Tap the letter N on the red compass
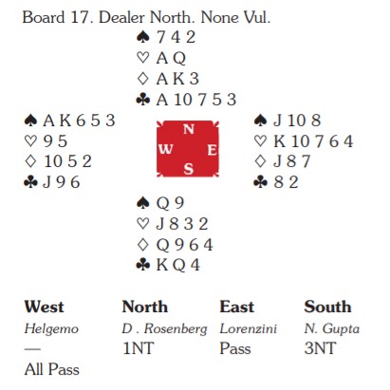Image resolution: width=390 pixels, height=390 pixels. pyautogui.click(x=189, y=129)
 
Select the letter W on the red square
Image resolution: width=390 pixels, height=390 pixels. pyautogui.click(x=166, y=149)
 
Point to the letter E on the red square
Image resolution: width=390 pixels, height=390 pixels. pyautogui.click(x=212, y=150)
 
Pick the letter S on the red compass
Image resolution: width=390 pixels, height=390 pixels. pyautogui.click(x=188, y=169)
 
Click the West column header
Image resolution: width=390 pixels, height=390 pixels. pyautogui.click(x=44, y=306)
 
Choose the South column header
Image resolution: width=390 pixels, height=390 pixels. pyautogui.click(x=327, y=306)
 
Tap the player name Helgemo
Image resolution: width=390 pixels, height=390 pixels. pyautogui.click(x=51, y=329)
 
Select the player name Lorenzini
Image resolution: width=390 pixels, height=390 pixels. pyautogui.click(x=249, y=328)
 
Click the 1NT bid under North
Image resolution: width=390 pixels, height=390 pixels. pyautogui.click(x=139, y=348)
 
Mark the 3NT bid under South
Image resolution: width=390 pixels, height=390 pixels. pyautogui.click(x=320, y=348)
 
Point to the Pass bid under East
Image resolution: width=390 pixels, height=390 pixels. pyautogui.click(x=235, y=348)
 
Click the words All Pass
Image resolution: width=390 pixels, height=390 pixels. pyautogui.click(x=52, y=369)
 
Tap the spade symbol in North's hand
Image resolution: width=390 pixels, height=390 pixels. pyautogui.click(x=143, y=37)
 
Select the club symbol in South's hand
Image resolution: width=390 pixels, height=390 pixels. pyautogui.click(x=143, y=265)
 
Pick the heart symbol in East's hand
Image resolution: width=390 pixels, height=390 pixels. pyautogui.click(x=260, y=140)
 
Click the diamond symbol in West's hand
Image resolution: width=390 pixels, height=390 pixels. pyautogui.click(x=30, y=161)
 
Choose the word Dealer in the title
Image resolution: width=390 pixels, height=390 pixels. pyautogui.click(x=121, y=17)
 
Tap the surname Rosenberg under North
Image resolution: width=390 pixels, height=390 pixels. pyautogui.click(x=176, y=329)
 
